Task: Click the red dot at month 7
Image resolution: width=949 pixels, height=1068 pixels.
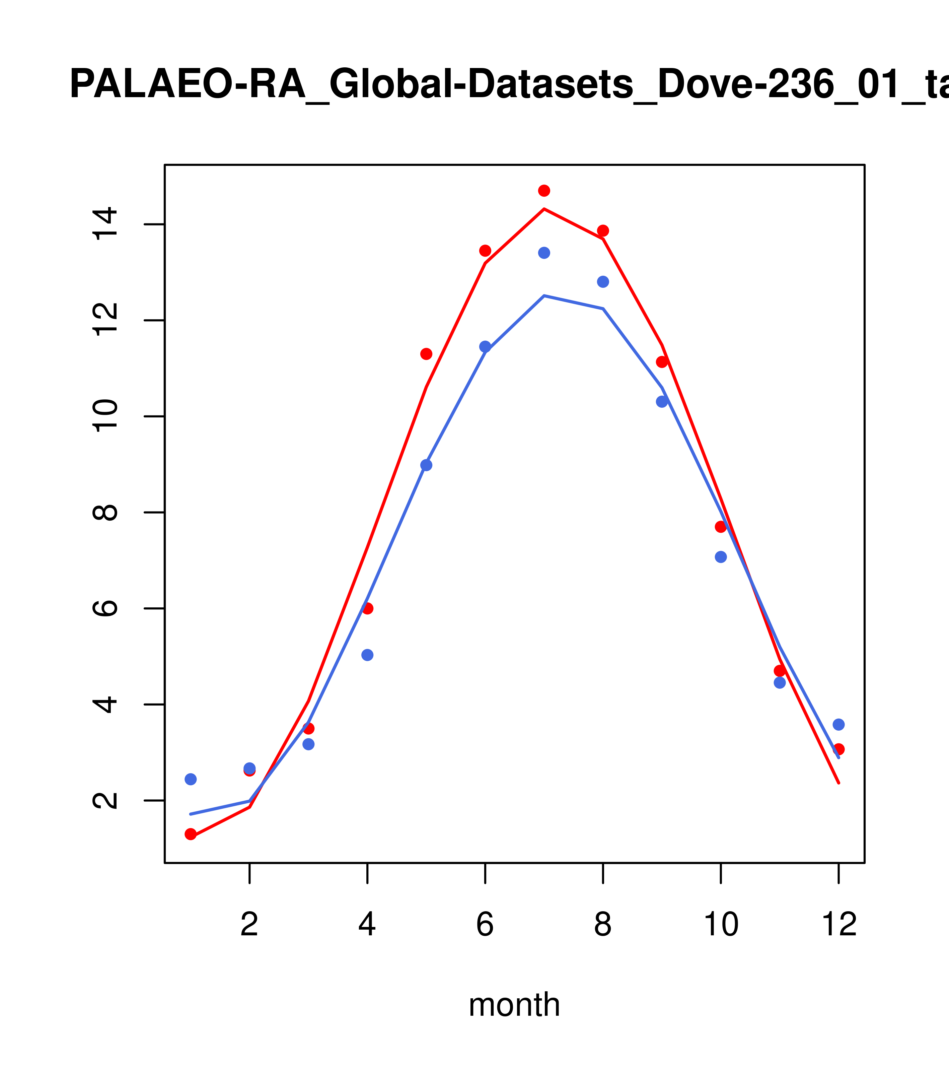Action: [x=544, y=191]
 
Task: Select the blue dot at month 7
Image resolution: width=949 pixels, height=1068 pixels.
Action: [x=544, y=253]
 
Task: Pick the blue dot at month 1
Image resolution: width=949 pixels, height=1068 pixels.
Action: [x=191, y=779]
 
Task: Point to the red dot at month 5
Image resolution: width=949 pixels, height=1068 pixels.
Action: [x=426, y=354]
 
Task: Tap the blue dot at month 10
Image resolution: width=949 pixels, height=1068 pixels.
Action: [x=721, y=557]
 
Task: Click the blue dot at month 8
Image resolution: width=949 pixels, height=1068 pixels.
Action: [x=603, y=282]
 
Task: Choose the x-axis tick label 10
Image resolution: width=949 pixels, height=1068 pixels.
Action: [x=721, y=925]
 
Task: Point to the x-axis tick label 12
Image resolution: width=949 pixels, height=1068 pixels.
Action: [x=839, y=925]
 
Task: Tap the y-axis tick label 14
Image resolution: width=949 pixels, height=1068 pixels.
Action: [x=104, y=224]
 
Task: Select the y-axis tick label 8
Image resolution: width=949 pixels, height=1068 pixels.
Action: [x=104, y=513]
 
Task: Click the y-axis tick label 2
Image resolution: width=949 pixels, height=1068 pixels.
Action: [x=104, y=800]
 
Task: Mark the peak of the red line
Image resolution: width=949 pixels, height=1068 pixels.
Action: [x=544, y=209]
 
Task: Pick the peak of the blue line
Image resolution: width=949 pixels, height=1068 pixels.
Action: [x=544, y=296]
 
